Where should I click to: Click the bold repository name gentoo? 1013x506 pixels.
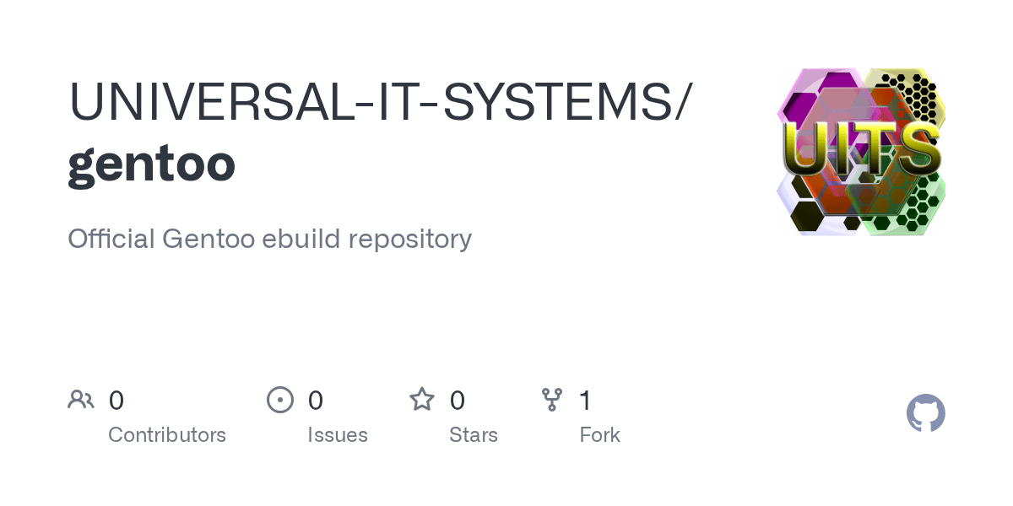point(151,164)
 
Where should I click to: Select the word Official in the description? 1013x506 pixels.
point(111,239)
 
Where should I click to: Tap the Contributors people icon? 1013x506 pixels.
point(81,400)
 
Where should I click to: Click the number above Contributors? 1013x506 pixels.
point(116,401)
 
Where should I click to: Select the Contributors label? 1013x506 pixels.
point(167,435)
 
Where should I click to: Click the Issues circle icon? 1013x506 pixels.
point(280,400)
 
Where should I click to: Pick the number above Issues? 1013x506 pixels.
point(316,401)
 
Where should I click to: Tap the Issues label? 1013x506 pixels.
point(338,435)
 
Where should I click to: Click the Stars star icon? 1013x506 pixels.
point(422,399)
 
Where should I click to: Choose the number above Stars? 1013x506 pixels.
point(458,401)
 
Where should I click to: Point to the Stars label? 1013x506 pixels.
point(474,435)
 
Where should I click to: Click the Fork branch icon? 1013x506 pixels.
point(552,400)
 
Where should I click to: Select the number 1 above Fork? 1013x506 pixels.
point(584,401)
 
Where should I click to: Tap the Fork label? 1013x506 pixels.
point(600,435)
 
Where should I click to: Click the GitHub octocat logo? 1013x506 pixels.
point(926,414)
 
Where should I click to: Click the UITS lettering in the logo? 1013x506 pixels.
point(860,153)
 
